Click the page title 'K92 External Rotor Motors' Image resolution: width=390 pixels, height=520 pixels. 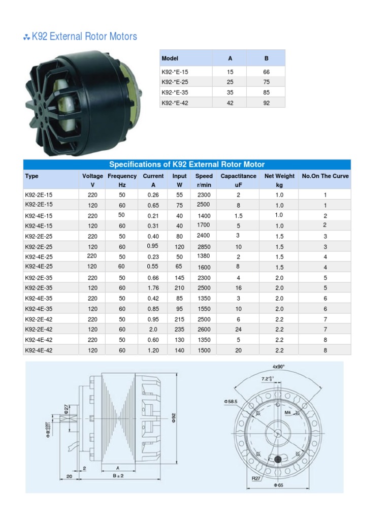[x=84, y=37]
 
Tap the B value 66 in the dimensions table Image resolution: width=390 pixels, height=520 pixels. [x=266, y=72]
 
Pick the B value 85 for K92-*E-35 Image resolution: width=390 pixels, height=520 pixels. [x=266, y=93]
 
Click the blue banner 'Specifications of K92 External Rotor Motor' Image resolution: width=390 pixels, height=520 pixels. [x=187, y=165]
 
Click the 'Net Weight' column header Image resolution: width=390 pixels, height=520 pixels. [x=279, y=176]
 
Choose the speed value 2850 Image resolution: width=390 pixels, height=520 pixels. [x=204, y=246]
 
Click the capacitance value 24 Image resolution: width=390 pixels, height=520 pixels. [x=238, y=329]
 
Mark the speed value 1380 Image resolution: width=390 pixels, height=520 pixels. [x=204, y=256]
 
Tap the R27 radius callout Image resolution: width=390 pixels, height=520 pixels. [x=256, y=478]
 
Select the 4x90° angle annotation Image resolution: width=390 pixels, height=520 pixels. [x=279, y=367]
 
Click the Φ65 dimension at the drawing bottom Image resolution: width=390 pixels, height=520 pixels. [x=280, y=485]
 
